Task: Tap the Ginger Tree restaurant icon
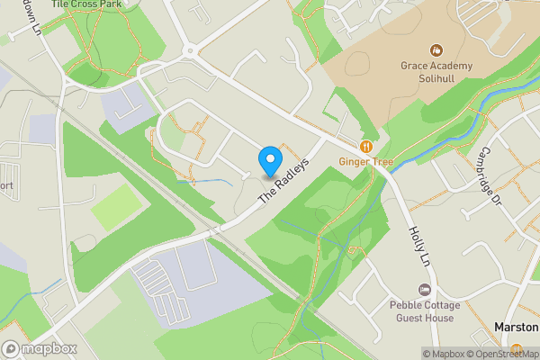click(x=365, y=146)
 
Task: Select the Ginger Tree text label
click(x=365, y=162)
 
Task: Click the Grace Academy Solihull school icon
click(x=436, y=49)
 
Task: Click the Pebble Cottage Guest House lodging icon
click(x=424, y=288)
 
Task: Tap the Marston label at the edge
click(x=517, y=327)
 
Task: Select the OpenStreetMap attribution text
click(x=503, y=354)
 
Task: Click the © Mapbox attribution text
click(x=445, y=354)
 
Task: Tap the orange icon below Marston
click(x=517, y=349)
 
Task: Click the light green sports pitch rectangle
click(x=116, y=208)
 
